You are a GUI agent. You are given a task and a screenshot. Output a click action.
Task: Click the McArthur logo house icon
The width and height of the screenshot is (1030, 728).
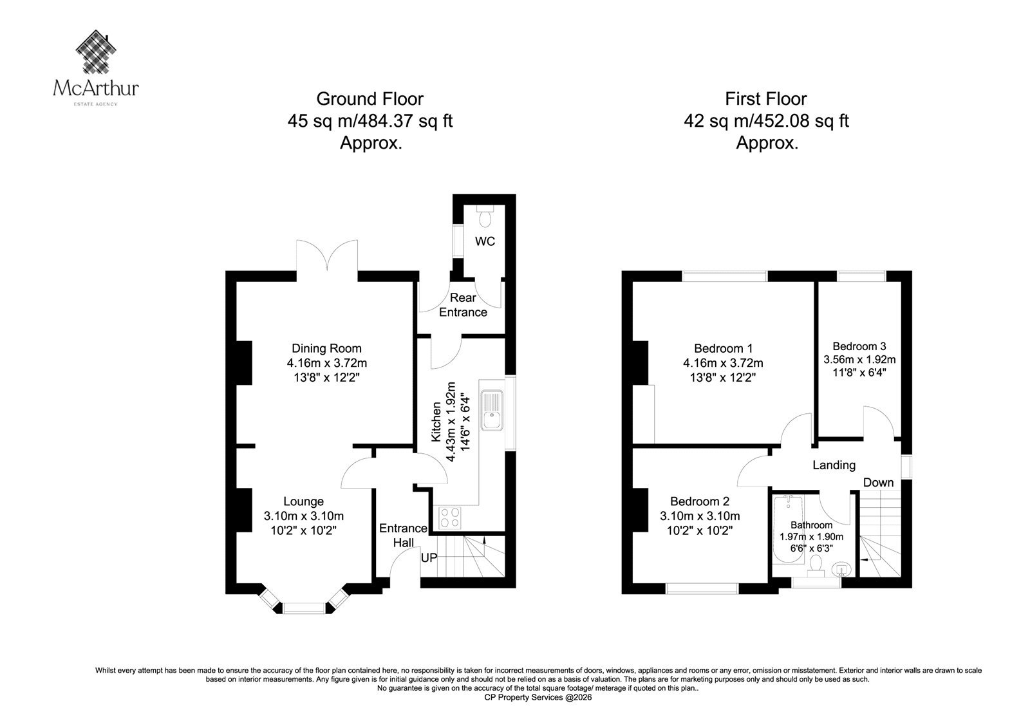click(96, 51)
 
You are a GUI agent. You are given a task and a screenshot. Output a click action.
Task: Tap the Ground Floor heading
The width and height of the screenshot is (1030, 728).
click(370, 99)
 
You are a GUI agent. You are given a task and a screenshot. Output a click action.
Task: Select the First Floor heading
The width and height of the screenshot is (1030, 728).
click(766, 99)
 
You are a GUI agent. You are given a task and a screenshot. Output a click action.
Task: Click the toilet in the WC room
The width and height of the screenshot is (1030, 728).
click(485, 216)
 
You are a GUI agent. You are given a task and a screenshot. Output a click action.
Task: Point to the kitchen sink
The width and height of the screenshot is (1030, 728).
click(492, 410)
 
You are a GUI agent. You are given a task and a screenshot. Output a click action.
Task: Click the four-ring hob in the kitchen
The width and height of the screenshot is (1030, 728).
click(450, 518)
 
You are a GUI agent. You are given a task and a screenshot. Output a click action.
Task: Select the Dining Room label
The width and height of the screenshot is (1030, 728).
click(326, 349)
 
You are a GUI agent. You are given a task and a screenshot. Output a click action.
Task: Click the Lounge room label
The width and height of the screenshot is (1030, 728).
click(303, 501)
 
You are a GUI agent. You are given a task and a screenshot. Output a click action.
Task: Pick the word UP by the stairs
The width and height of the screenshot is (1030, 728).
click(429, 558)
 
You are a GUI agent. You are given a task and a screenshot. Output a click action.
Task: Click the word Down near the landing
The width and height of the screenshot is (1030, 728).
click(878, 482)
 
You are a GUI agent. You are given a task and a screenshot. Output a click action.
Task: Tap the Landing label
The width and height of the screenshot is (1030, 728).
click(834, 465)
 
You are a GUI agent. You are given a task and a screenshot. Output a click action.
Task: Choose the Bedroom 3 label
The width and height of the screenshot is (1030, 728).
click(859, 346)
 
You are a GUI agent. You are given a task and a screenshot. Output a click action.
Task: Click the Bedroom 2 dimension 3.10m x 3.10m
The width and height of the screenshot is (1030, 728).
click(700, 516)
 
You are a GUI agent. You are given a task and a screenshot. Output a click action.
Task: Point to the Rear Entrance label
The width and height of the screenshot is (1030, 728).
click(463, 305)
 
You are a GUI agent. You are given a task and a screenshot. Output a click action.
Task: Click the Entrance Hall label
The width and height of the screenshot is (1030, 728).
click(403, 536)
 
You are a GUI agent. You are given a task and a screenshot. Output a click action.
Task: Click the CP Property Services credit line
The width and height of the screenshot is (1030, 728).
click(538, 697)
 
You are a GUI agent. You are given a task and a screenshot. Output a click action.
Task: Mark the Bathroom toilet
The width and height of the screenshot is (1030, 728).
click(816, 566)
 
